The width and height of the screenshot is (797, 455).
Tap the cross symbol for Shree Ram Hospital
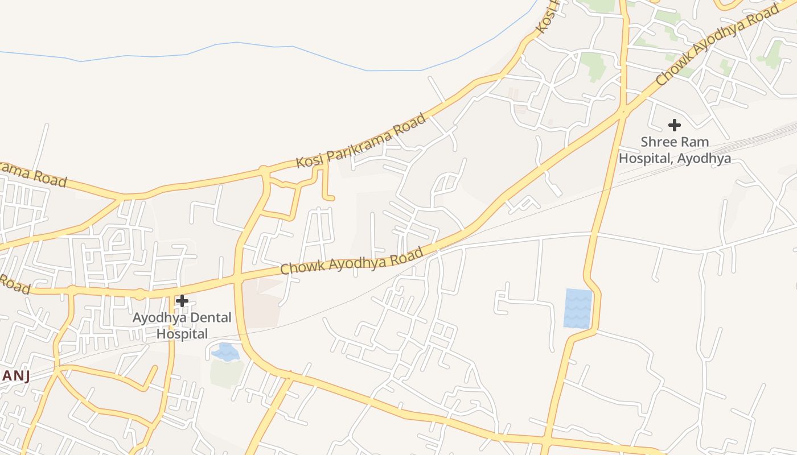click(x=675, y=125)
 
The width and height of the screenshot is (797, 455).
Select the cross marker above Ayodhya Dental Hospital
click(x=182, y=300)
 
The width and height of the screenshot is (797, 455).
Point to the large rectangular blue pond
click(x=578, y=308)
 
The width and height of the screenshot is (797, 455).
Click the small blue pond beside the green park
click(x=226, y=352)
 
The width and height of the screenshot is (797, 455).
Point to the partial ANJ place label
click(x=15, y=376)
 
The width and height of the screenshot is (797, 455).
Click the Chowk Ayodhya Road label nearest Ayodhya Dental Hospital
click(x=352, y=261)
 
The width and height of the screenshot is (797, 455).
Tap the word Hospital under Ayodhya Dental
click(x=182, y=334)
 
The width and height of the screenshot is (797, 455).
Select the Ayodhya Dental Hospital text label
click(x=182, y=325)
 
